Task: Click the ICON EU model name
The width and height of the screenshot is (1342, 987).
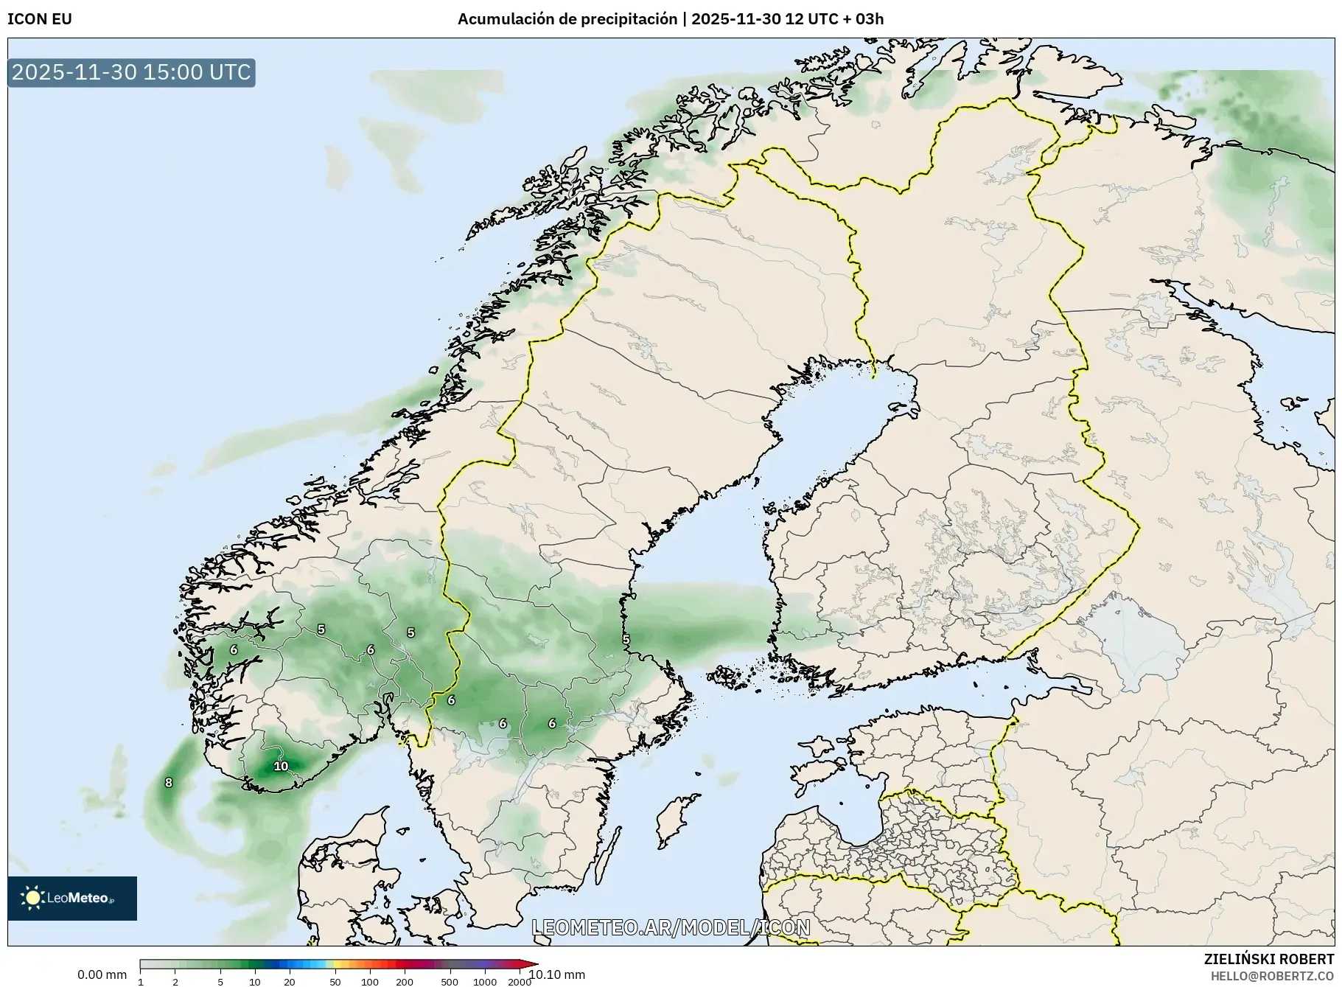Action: point(40,19)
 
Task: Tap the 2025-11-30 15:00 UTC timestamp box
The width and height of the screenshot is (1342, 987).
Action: point(131,72)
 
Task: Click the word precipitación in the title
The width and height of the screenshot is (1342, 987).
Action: point(629,19)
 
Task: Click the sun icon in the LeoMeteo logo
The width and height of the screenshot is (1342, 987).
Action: point(32,897)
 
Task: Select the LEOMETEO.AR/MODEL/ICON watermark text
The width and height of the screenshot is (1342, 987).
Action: point(671,927)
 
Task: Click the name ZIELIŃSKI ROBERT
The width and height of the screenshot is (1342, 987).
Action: point(1268,959)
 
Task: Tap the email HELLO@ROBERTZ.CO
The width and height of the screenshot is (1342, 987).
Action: point(1272,975)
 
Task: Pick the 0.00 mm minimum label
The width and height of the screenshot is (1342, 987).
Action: point(102,974)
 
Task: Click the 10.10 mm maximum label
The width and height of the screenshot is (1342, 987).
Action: point(557,974)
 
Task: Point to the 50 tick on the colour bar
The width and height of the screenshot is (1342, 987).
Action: point(335,981)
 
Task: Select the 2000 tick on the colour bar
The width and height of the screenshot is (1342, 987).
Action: point(520,981)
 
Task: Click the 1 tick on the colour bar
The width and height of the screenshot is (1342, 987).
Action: point(141,981)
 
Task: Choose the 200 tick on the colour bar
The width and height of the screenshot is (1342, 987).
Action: point(404,981)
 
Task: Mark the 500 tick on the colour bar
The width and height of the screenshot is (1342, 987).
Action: point(450,981)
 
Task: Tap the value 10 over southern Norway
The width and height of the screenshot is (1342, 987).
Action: point(281,766)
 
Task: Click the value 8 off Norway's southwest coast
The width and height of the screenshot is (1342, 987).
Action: point(169,782)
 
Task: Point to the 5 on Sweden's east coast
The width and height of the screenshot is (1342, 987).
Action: point(626,639)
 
